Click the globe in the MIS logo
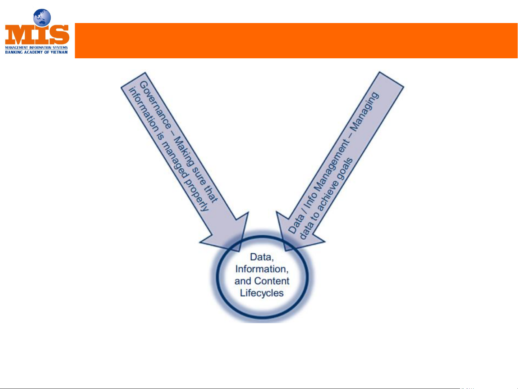[x=42, y=18]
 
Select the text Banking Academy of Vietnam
[x=36, y=52]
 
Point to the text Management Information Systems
[x=36, y=48]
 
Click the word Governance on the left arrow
[x=155, y=105]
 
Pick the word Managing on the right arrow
[x=365, y=111]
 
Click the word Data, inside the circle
[x=262, y=257]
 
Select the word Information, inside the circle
[x=262, y=269]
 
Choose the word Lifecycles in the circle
[x=262, y=293]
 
